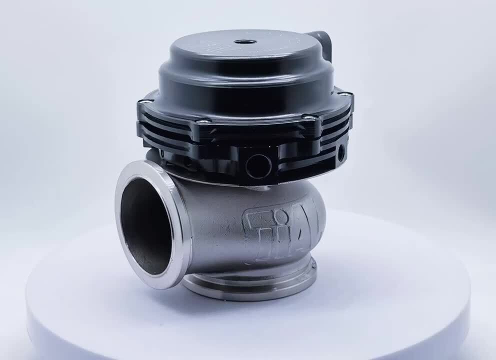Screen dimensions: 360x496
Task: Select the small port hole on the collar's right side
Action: tap(341, 151)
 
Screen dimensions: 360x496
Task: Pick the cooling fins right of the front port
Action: tap(305, 150)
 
